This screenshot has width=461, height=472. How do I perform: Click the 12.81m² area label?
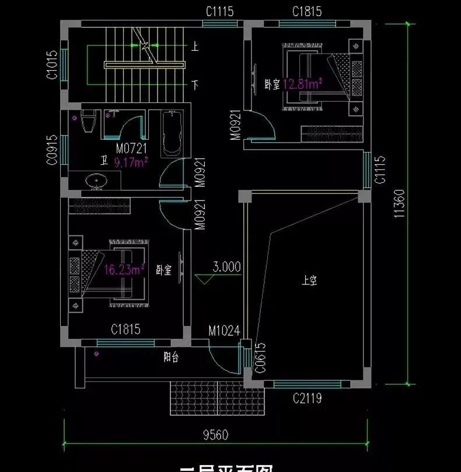coord(303,84)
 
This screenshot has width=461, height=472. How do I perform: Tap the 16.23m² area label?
coord(124,269)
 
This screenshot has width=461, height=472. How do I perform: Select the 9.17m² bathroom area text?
coord(131,161)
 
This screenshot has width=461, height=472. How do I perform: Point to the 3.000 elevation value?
coord(226,268)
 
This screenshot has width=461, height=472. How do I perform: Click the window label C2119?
coord(308,399)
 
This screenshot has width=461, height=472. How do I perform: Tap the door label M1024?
coord(224,331)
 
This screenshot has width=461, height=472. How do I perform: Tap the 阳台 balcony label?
coord(170,358)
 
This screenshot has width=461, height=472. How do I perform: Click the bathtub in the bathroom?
coord(172,133)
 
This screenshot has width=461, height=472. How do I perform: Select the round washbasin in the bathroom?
coord(96,182)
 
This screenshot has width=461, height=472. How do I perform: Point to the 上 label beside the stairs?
coord(195,45)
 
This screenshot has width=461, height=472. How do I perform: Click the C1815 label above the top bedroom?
coord(307,12)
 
